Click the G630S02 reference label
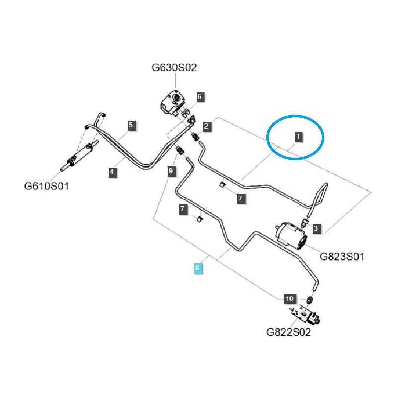(x=174, y=67)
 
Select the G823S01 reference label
(x=342, y=257)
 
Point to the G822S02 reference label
(x=289, y=332)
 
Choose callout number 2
(x=199, y=97)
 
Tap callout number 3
(x=316, y=228)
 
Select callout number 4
(x=113, y=172)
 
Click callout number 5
(x=131, y=125)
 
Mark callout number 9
(x=171, y=171)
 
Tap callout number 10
(x=289, y=299)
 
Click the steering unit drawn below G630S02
(x=172, y=102)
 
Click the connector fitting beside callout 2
(x=196, y=136)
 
